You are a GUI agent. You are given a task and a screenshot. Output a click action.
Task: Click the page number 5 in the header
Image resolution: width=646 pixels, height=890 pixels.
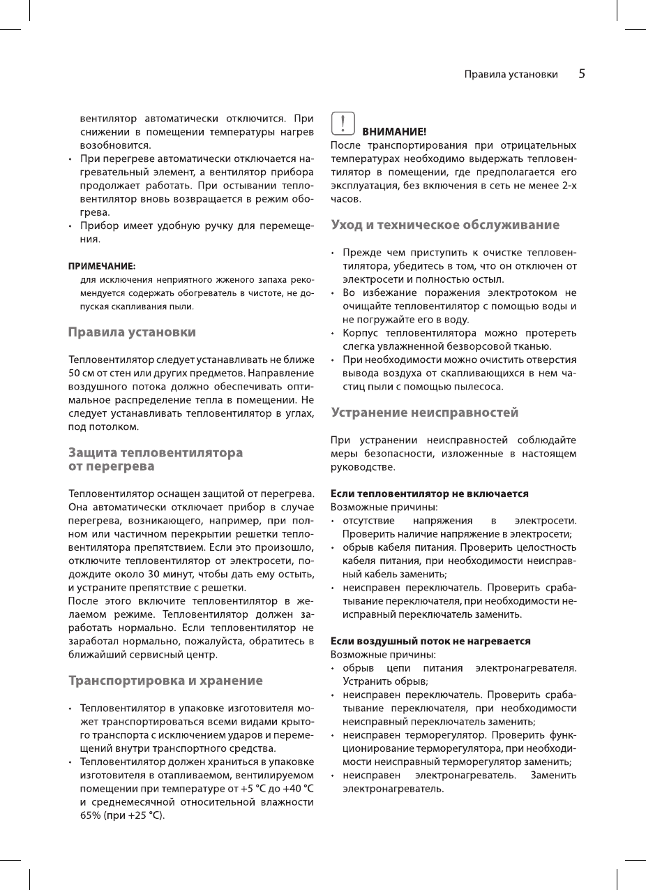[581, 74]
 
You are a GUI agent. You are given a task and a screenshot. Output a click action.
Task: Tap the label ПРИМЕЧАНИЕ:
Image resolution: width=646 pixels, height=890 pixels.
[101, 266]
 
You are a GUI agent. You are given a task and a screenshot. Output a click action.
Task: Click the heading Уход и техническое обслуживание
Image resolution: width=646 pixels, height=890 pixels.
[444, 225]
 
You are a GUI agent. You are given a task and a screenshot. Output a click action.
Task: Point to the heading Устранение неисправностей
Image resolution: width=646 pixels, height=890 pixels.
[424, 413]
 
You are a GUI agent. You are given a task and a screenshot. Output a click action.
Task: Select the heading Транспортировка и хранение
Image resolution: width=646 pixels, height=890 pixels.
[165, 680]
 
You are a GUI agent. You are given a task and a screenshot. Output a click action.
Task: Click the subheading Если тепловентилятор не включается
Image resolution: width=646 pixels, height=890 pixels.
[429, 494]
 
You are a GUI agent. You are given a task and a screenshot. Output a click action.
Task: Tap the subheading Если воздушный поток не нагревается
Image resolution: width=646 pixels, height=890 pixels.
[430, 641]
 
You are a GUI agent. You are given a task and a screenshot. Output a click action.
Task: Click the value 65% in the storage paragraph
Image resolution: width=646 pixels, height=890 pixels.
[91, 815]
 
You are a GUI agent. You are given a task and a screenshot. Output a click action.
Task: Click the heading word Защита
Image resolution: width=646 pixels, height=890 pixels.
[92, 452]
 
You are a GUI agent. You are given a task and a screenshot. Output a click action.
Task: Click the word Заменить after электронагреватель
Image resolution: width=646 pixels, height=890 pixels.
[553, 776]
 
